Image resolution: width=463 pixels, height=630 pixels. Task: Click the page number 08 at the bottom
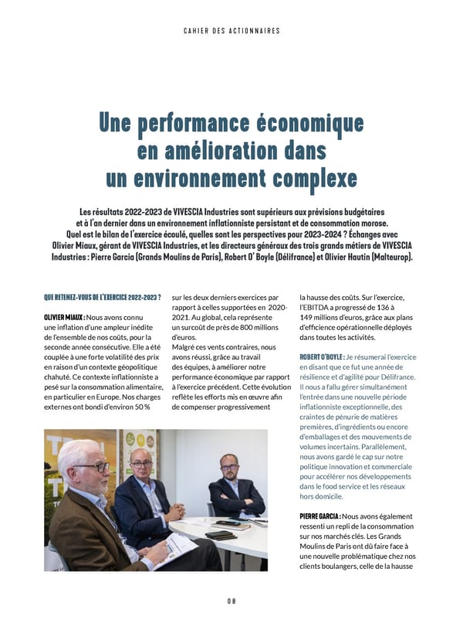click(x=231, y=601)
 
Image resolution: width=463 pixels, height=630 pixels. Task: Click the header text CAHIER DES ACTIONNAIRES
click(x=231, y=31)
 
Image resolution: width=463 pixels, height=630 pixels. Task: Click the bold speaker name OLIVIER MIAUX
click(x=64, y=318)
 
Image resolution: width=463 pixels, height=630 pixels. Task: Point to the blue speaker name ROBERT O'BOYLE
click(x=321, y=357)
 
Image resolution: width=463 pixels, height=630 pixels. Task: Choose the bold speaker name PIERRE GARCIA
click(x=319, y=516)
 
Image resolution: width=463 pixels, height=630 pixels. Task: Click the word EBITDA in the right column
click(x=328, y=307)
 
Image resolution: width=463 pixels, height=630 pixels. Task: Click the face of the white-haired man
click(x=91, y=466)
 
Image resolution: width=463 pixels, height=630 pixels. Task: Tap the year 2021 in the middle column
click(x=182, y=318)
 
